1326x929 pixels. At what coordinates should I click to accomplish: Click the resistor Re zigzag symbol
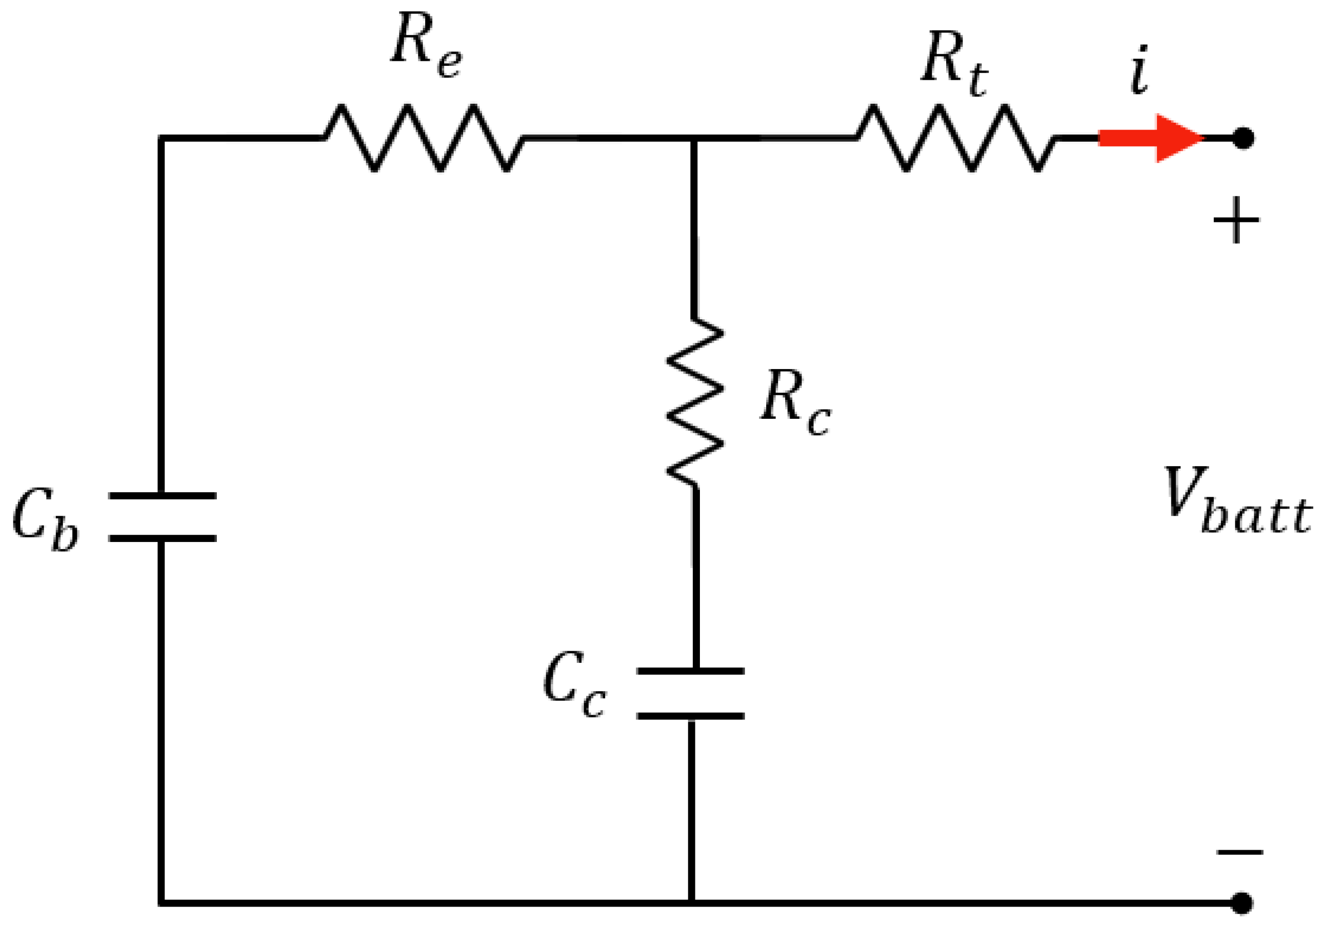423,138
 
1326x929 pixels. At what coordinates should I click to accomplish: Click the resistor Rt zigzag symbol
956,138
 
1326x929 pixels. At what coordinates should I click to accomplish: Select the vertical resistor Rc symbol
695,403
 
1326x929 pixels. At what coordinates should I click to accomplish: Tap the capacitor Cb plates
163,517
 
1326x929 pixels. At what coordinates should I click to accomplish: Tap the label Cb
45,518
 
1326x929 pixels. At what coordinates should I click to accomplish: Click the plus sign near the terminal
1236,220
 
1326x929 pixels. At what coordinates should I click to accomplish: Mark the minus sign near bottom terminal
1240,852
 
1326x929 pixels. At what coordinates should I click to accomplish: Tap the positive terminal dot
1243,138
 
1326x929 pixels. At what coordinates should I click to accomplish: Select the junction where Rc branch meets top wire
693,138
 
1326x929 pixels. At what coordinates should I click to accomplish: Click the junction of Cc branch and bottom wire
691,903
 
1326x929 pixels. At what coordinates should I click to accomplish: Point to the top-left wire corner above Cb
162,138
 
